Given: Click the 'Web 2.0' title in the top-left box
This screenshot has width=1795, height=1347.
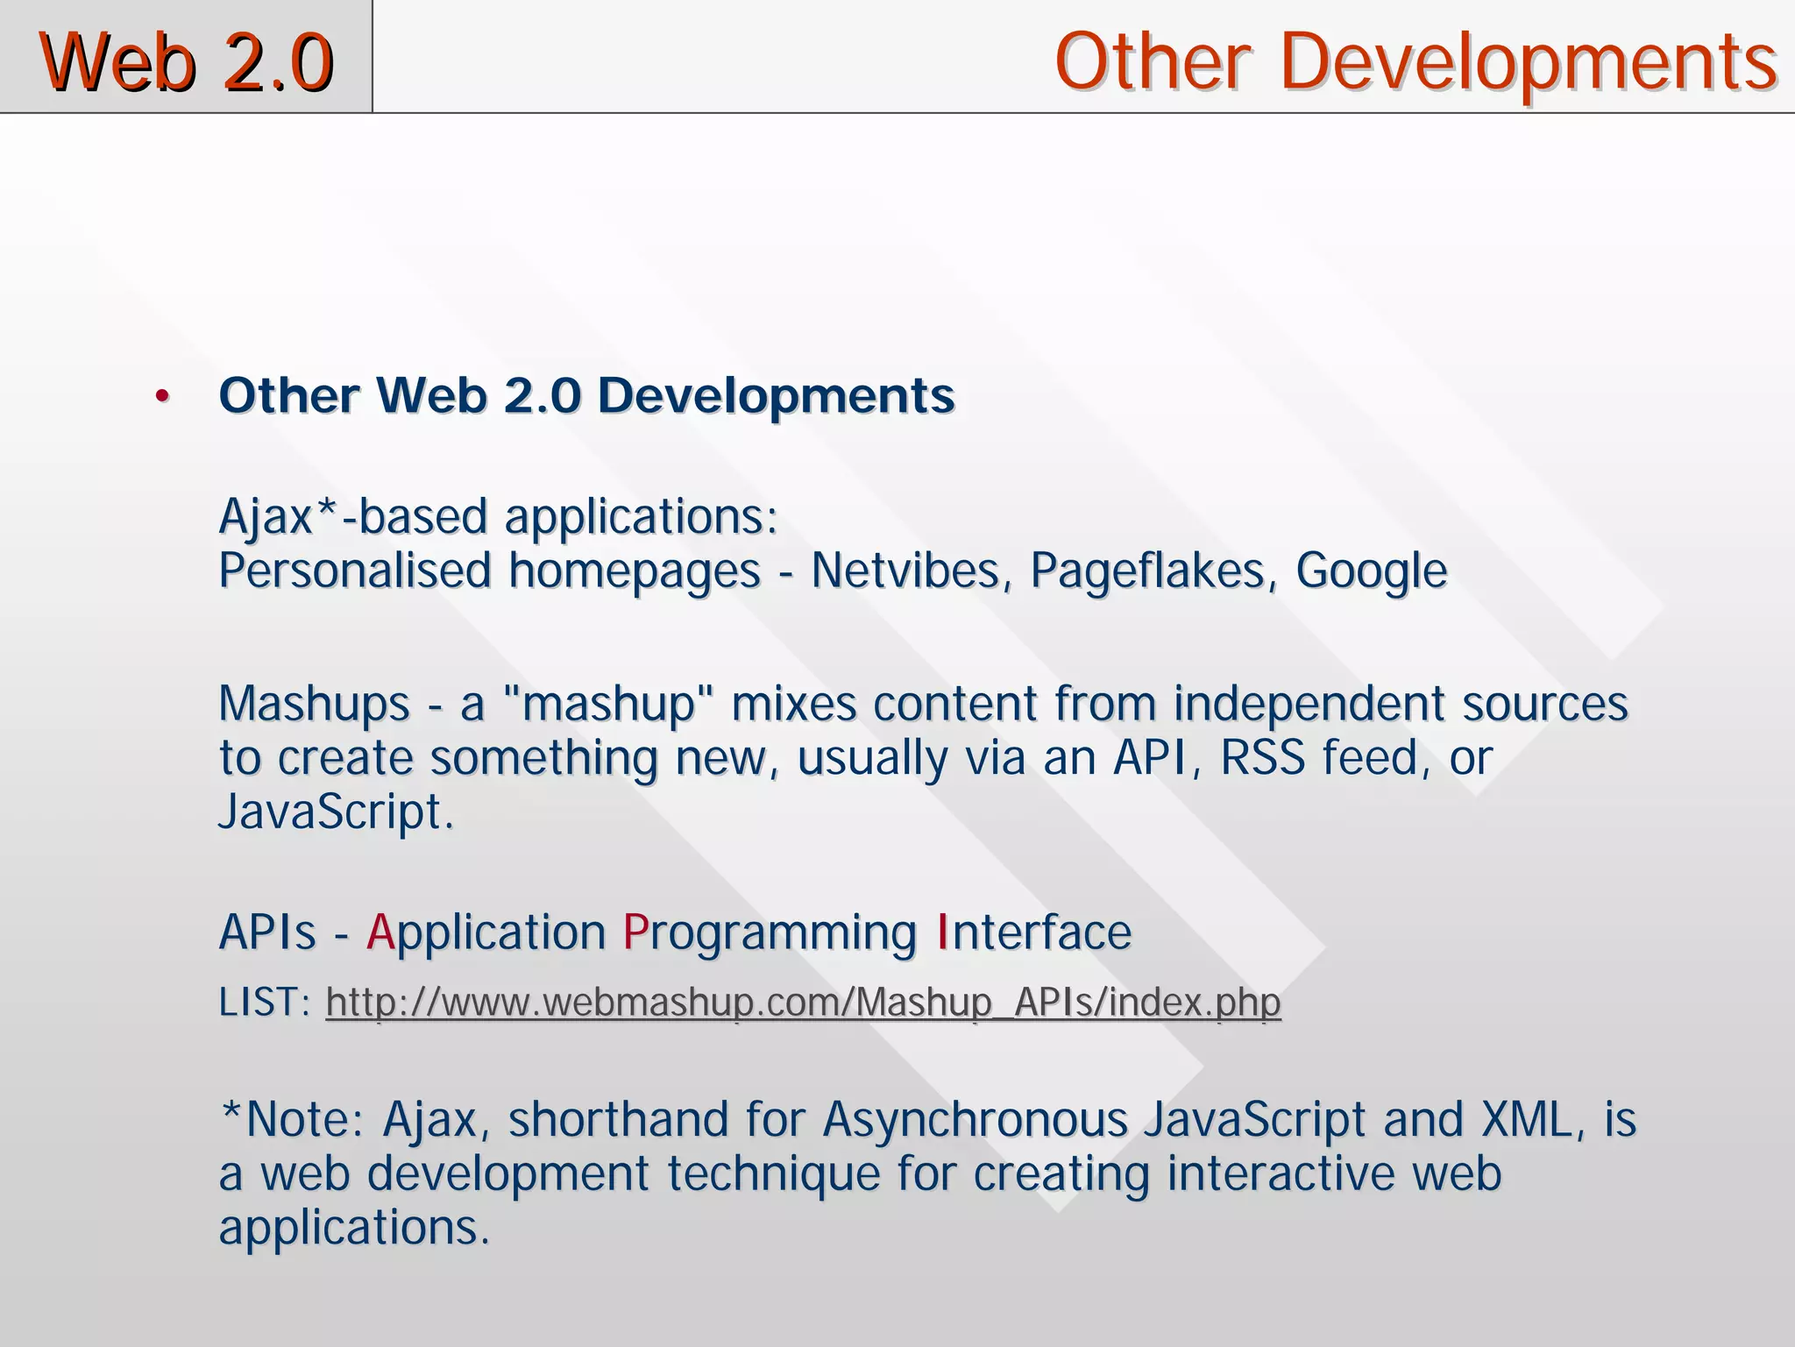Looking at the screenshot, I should coord(186,61).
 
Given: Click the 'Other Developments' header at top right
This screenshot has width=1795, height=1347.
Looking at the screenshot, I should coord(1415,61).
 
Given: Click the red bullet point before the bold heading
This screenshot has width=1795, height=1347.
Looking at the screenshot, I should coord(161,397).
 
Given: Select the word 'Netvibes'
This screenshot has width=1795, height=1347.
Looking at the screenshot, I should coord(905,571).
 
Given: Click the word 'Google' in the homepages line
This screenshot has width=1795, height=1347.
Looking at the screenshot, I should coord(1371,571).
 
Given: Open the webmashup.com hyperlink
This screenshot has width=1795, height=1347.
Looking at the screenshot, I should coord(803,1002).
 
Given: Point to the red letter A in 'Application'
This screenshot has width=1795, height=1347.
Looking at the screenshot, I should coord(380,931).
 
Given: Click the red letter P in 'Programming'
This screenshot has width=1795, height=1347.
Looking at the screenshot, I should coord(635,931).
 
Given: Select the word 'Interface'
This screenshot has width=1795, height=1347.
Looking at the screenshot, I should coord(1034,931).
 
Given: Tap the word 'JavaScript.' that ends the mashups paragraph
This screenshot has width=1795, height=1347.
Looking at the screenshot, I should coord(336,812).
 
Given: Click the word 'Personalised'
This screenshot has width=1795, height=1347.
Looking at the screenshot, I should coord(355,571).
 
